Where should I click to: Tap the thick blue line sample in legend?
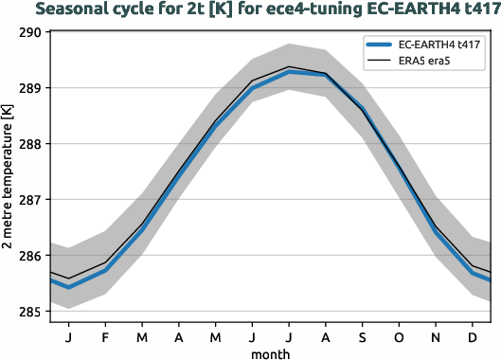click(381, 45)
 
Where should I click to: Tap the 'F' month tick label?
click(105, 335)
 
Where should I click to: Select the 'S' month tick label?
click(362, 335)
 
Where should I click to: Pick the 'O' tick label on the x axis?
click(399, 335)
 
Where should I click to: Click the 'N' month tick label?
click(436, 335)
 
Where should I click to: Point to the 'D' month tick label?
click(472, 335)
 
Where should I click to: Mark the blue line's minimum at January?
click(68, 287)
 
